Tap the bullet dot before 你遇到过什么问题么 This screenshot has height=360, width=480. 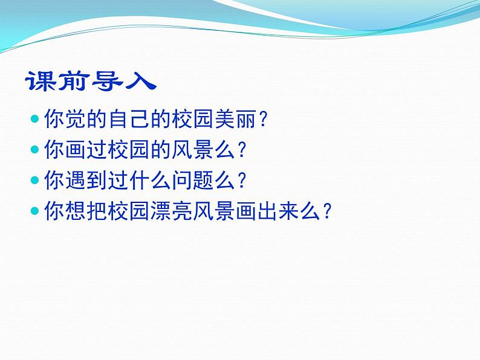pyautogui.click(x=34, y=179)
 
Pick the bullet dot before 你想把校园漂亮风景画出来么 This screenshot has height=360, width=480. pyautogui.click(x=34, y=211)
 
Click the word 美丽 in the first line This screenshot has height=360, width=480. pyautogui.click(x=233, y=119)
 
